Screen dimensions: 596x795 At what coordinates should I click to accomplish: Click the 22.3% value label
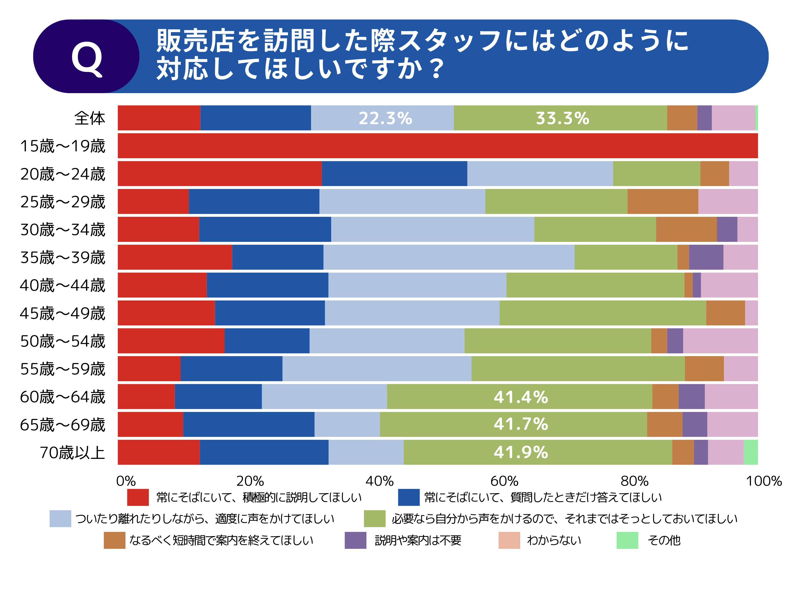click(385, 118)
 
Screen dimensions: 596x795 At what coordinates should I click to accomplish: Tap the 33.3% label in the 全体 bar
click(562, 118)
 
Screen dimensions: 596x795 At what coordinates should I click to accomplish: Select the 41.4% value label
click(521, 397)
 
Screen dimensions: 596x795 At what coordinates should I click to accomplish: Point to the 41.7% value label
click(521, 424)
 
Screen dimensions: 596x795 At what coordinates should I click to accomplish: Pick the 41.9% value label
click(521, 452)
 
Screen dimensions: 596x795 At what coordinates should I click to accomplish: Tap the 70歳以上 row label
click(72, 452)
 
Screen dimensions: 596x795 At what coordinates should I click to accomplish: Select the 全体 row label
click(89, 118)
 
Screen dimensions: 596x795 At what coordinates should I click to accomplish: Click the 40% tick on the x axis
click(380, 481)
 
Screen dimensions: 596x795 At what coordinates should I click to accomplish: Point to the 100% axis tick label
click(764, 481)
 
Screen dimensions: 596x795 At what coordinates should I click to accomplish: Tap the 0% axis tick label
click(126, 481)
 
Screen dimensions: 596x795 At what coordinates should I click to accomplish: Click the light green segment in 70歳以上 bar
click(751, 452)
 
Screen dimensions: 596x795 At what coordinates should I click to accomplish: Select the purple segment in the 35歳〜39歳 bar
click(706, 257)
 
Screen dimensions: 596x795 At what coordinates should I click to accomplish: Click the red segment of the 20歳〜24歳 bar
click(219, 174)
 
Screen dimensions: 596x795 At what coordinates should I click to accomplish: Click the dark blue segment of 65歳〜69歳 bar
click(248, 424)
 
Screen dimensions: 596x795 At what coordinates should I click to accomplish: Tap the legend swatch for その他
click(627, 540)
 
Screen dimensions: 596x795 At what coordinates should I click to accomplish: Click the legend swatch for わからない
click(509, 540)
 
